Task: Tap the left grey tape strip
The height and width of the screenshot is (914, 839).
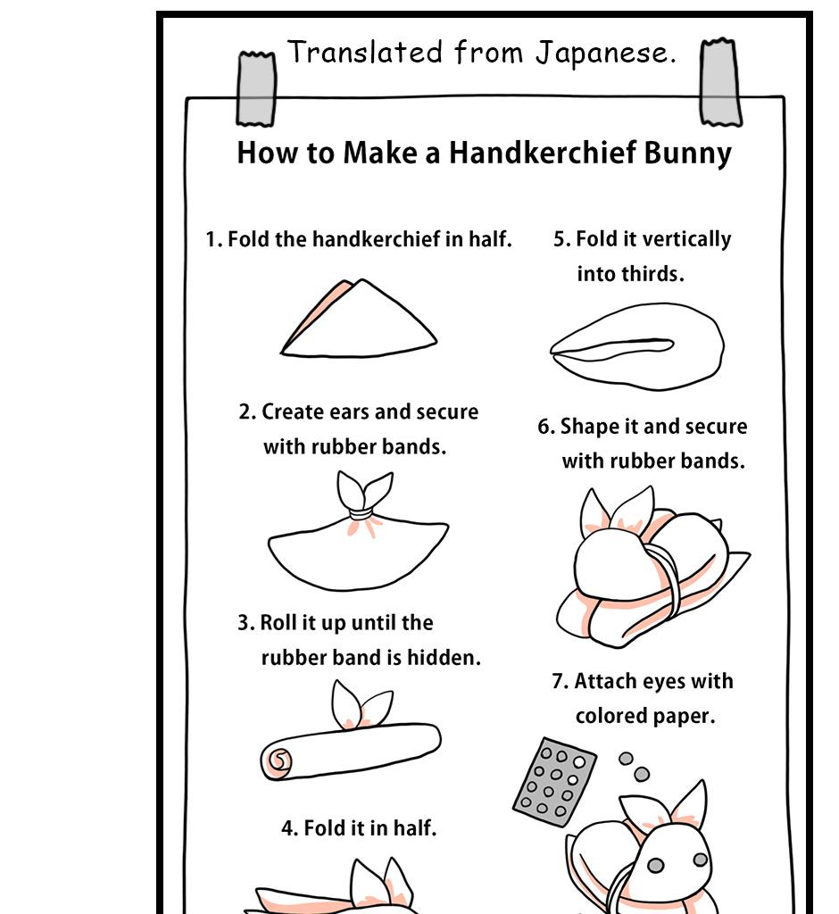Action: [256, 88]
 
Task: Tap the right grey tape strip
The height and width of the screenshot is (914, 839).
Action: [720, 83]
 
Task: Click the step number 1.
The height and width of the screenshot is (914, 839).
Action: [212, 239]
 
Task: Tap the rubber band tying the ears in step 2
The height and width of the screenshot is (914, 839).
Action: [361, 515]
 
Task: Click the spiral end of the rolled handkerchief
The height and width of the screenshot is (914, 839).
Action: [278, 760]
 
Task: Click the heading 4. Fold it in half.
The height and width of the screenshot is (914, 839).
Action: [359, 828]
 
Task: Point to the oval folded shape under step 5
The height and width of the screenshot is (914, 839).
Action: [636, 346]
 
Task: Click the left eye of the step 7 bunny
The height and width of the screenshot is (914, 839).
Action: [656, 865]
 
